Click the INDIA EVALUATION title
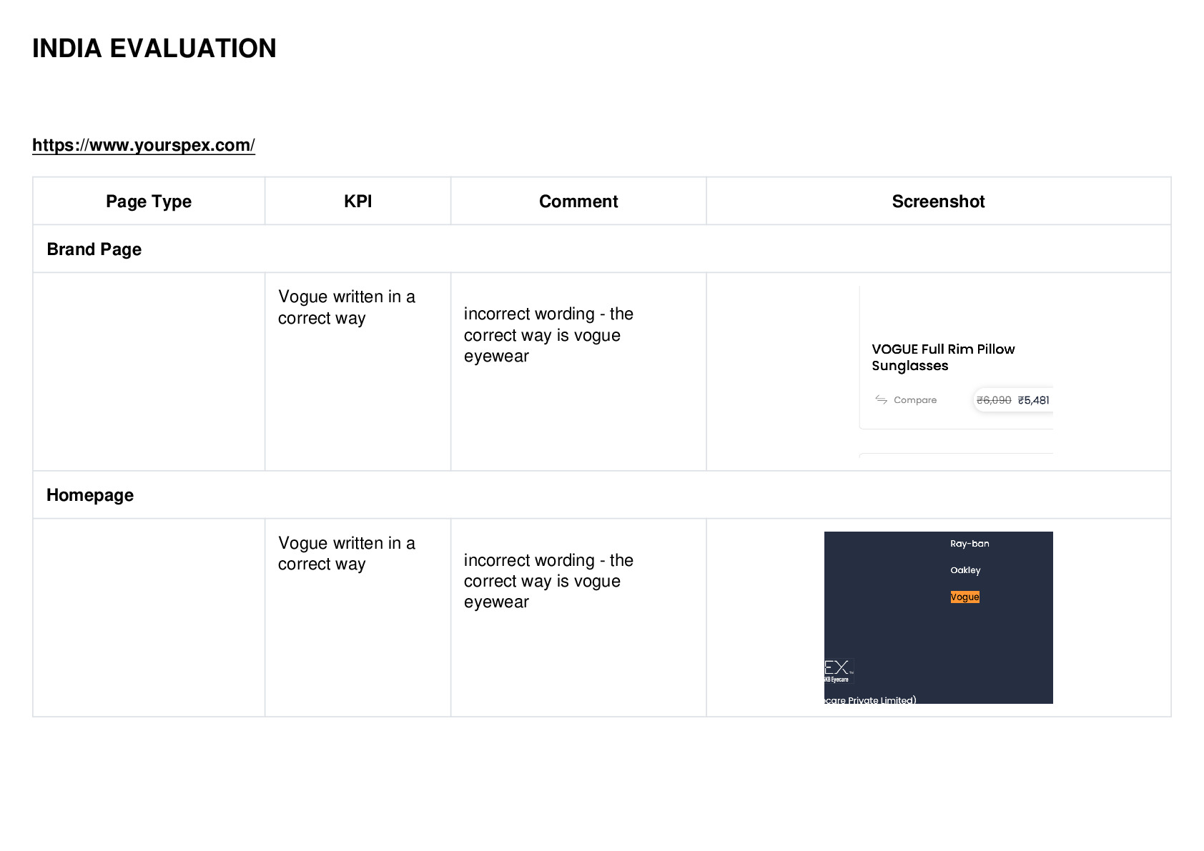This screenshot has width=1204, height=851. (x=154, y=49)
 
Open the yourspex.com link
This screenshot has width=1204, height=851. (x=144, y=145)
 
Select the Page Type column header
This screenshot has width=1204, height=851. (x=148, y=201)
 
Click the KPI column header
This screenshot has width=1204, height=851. (x=358, y=201)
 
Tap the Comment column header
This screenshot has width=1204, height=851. (x=578, y=201)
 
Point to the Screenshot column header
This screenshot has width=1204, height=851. (x=939, y=201)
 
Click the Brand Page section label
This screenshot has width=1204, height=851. (x=94, y=249)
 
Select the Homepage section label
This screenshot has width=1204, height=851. (x=90, y=495)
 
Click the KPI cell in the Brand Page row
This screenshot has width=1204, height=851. (x=347, y=307)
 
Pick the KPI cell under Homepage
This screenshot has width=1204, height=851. (x=347, y=553)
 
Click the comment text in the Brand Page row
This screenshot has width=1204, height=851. (x=549, y=334)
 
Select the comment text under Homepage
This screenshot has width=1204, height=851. (x=549, y=581)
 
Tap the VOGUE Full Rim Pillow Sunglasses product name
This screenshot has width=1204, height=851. (x=943, y=357)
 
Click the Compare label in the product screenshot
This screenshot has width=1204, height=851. (x=915, y=400)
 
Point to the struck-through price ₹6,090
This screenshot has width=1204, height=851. (x=994, y=400)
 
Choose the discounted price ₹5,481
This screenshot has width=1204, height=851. (x=1034, y=400)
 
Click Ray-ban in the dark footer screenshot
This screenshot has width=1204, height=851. (x=969, y=544)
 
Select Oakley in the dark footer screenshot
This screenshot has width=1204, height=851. (x=965, y=571)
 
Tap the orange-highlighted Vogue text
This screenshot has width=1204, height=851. (x=964, y=597)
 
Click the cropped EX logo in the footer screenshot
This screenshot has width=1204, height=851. (x=838, y=671)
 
